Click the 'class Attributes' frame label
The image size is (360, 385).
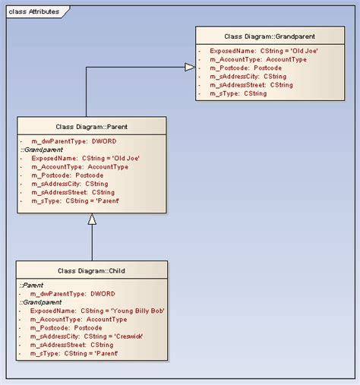[x=35, y=12]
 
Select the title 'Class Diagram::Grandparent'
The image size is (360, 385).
[x=270, y=36]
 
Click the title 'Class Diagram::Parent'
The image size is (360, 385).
[x=92, y=126]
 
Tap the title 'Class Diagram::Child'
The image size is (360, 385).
[x=92, y=270]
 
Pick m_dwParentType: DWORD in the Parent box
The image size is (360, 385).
[x=73, y=142]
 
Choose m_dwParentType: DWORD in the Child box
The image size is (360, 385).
[x=73, y=294]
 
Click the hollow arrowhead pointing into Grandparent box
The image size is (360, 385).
[x=190, y=68]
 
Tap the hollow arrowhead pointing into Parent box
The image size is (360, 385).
[x=92, y=219]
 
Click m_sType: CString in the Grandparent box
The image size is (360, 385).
[x=244, y=93]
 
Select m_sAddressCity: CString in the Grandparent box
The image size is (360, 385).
[x=251, y=77]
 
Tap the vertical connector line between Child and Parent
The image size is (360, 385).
[x=92, y=243]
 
